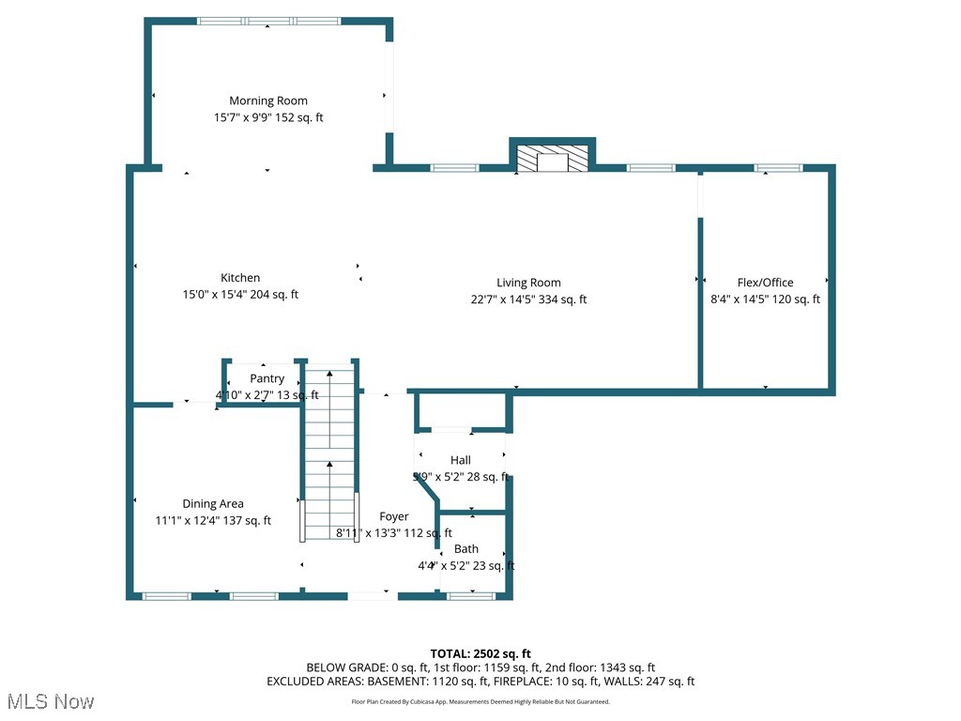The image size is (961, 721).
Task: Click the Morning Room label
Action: pyautogui.click(x=268, y=100)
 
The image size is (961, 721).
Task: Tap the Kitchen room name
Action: pyautogui.click(x=240, y=278)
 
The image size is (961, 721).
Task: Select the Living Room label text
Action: pyautogui.click(x=528, y=283)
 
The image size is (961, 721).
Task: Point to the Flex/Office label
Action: pyautogui.click(x=765, y=283)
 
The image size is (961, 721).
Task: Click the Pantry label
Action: pyautogui.click(x=267, y=378)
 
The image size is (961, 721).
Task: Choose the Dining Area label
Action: pyautogui.click(x=213, y=504)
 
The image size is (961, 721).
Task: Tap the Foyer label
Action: pyautogui.click(x=394, y=516)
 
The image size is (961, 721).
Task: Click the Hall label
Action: pyautogui.click(x=461, y=460)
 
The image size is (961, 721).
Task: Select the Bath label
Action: pyautogui.click(x=466, y=548)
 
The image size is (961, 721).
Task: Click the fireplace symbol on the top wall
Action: pyautogui.click(x=553, y=157)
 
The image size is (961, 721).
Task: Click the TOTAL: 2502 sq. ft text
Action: pyautogui.click(x=480, y=653)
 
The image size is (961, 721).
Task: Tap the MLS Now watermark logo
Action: pyautogui.click(x=50, y=701)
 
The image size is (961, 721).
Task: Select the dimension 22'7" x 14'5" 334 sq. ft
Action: pyautogui.click(x=528, y=299)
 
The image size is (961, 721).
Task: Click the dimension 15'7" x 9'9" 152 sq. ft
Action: pyautogui.click(x=268, y=117)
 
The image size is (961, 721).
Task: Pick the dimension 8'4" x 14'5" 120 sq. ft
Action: pyautogui.click(x=765, y=299)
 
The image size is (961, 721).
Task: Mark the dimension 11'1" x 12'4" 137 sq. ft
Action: pyautogui.click(x=213, y=521)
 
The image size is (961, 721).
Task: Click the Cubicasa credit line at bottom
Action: pyautogui.click(x=480, y=701)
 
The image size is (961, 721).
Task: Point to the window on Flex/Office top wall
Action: pyautogui.click(x=778, y=168)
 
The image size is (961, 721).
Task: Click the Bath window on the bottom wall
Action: pyautogui.click(x=470, y=595)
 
